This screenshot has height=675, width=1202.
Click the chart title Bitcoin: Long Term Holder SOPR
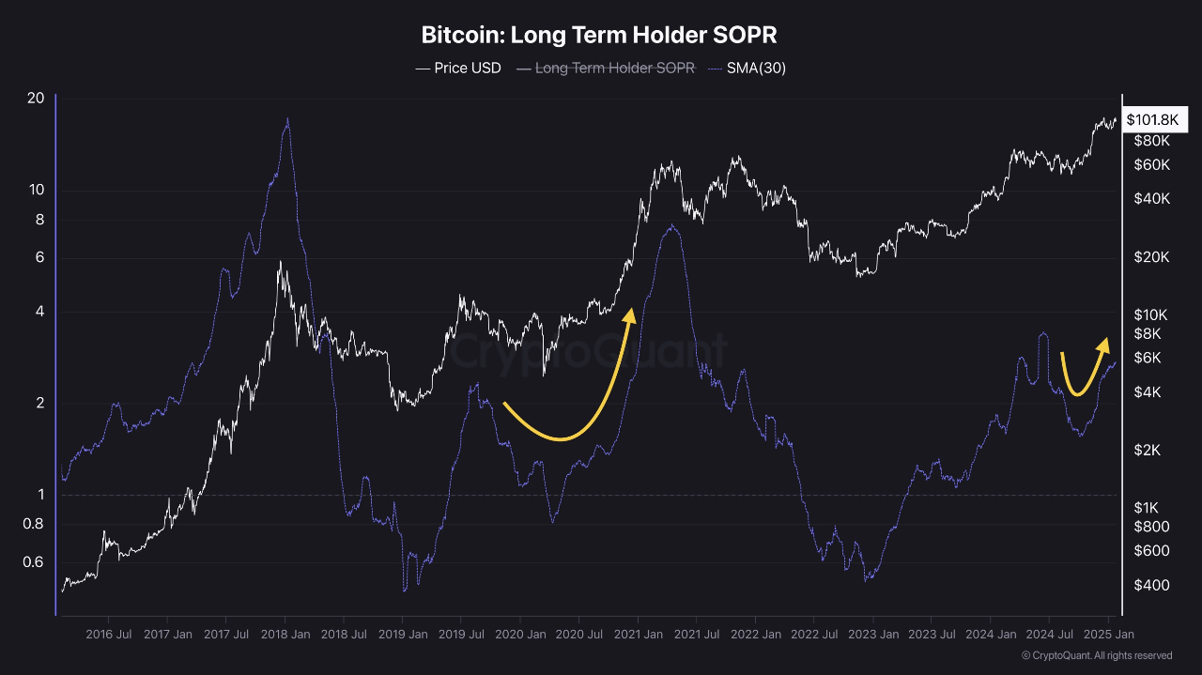599,36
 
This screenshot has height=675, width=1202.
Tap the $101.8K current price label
1151,119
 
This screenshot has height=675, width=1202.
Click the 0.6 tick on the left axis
33,562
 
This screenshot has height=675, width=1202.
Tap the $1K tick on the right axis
1148,507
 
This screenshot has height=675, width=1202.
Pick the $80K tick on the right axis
1151,141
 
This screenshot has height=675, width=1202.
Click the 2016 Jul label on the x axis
109,635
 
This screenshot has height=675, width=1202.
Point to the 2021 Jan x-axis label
638,635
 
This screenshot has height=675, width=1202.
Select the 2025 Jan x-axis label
1108,635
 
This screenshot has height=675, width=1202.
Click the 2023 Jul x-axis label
932,635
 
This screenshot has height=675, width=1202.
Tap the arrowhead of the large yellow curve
630,314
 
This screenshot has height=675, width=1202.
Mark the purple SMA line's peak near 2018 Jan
286,119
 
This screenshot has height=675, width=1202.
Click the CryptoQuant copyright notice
1096,655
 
